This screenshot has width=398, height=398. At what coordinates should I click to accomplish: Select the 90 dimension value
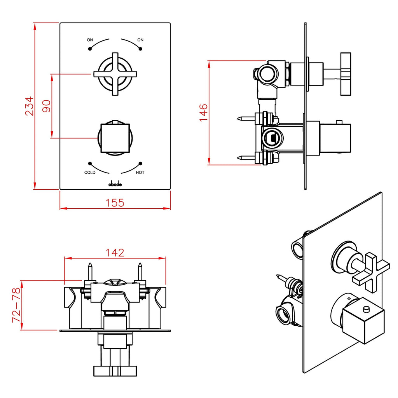pyautogui.click(x=46, y=106)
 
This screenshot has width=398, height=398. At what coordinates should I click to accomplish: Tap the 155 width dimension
pyautogui.click(x=115, y=202)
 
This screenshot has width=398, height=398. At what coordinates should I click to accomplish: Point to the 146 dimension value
pyautogui.click(x=203, y=113)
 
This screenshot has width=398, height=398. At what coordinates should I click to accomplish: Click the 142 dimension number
pyautogui.click(x=115, y=252)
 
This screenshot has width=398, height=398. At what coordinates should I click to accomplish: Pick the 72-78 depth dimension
pyautogui.click(x=16, y=305)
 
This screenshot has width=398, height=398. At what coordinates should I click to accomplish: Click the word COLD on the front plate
pyautogui.click(x=90, y=173)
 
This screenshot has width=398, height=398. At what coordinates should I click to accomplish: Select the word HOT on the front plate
pyautogui.click(x=140, y=173)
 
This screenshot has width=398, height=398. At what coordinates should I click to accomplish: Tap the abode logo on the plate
pyautogui.click(x=115, y=184)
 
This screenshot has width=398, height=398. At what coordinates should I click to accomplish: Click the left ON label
pyautogui.click(x=90, y=40)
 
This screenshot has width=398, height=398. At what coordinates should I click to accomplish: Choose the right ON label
pyautogui.click(x=140, y=40)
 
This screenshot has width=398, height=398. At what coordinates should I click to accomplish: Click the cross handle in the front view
pyautogui.click(x=115, y=74)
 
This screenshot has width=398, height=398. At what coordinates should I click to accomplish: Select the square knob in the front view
pyautogui.click(x=115, y=138)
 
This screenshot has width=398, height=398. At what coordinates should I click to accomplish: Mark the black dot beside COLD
pyautogui.click(x=90, y=164)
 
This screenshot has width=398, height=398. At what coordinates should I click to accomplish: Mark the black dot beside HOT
pyautogui.click(x=140, y=164)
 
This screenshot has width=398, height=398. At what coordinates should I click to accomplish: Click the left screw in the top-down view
pyautogui.click(x=90, y=271)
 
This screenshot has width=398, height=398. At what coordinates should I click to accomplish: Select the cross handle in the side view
pyautogui.click(x=346, y=73)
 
